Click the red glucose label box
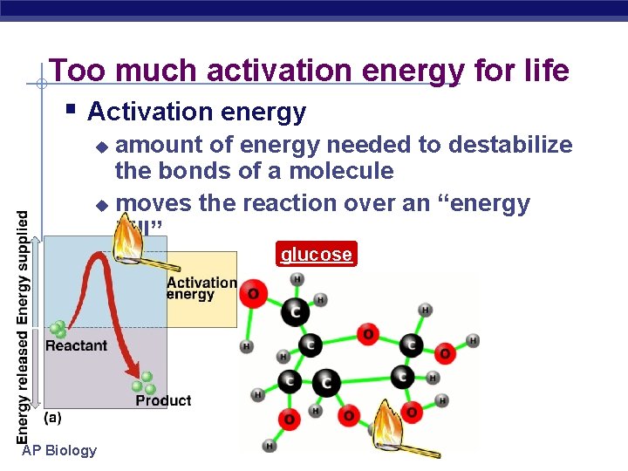click(x=316, y=255)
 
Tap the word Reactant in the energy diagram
click(x=76, y=345)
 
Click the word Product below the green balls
click(x=163, y=400)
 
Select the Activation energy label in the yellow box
click(x=201, y=288)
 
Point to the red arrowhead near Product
click(x=137, y=363)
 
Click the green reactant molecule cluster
click(x=58, y=330)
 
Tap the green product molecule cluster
click(x=144, y=385)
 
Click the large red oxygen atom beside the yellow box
click(x=254, y=294)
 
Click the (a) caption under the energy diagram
click(x=52, y=418)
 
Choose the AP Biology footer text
click(x=59, y=450)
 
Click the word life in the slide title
click(x=543, y=70)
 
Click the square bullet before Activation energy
click(x=71, y=111)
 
